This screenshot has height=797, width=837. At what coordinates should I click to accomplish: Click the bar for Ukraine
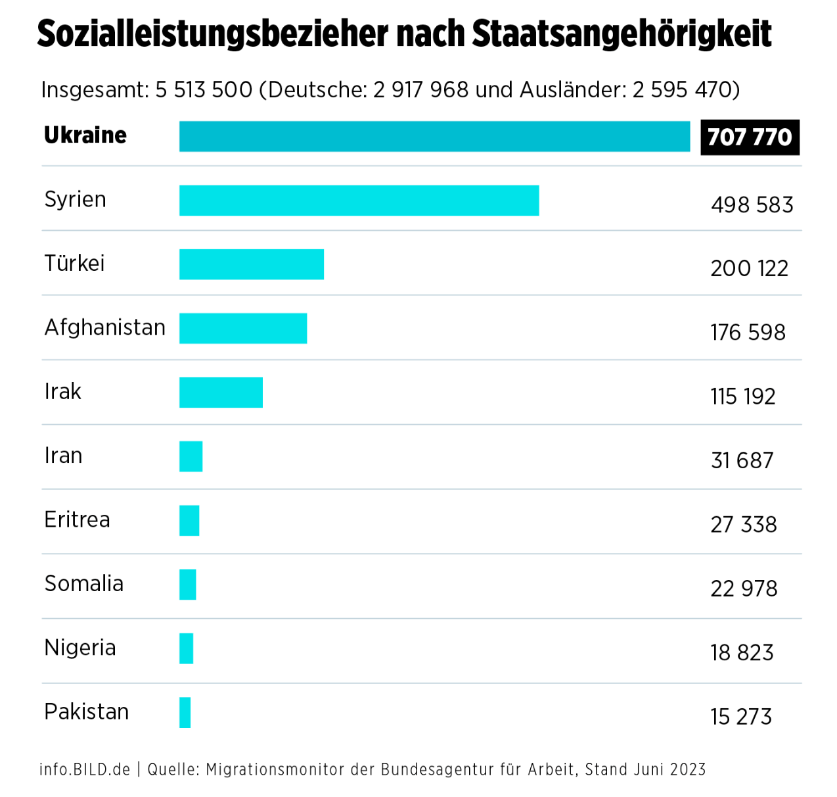[x=434, y=136]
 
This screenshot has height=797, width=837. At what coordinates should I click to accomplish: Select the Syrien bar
[x=359, y=201]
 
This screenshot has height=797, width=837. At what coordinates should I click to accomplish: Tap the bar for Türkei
[x=252, y=264]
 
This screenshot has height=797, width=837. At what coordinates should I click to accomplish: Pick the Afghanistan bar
[x=243, y=328]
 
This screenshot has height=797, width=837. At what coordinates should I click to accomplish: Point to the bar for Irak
[x=221, y=393]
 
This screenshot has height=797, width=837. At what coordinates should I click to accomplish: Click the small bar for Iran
[x=191, y=456]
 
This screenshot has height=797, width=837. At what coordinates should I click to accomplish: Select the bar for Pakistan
[x=185, y=713]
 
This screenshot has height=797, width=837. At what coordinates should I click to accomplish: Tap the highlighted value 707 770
[x=750, y=137]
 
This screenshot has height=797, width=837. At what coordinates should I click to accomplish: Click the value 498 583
[x=752, y=205]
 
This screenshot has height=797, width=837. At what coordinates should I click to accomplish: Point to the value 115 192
[x=742, y=397]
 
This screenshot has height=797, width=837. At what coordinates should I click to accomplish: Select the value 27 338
[x=743, y=525]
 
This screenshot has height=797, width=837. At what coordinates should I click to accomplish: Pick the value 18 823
[x=742, y=653]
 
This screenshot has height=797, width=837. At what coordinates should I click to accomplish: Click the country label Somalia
[x=83, y=584]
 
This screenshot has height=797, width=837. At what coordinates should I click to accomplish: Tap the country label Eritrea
[x=77, y=520]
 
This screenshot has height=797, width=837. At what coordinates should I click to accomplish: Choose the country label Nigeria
[x=79, y=648]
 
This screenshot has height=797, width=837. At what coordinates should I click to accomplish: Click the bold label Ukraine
[x=85, y=135]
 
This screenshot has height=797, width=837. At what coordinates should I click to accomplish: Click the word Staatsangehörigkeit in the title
[x=622, y=34]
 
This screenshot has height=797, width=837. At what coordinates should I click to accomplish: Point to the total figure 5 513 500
[x=204, y=90]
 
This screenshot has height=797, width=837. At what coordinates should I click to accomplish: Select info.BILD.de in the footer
[x=85, y=769]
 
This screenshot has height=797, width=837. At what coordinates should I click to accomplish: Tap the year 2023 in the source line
[x=689, y=769]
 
